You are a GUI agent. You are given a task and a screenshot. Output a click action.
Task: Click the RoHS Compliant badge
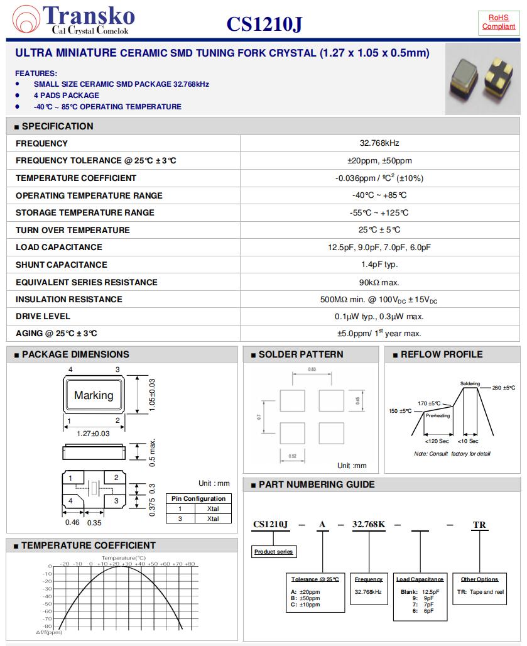pyautogui.click(x=498, y=22)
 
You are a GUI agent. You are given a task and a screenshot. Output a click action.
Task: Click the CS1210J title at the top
pyautogui.click(x=264, y=25)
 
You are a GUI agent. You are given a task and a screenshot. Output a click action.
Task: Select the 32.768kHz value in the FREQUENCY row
pyautogui.click(x=379, y=143)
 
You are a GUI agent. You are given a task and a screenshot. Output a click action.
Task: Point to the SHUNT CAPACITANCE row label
pyautogui.click(x=62, y=265)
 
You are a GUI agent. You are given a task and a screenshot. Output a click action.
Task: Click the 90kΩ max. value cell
pyautogui.click(x=379, y=282)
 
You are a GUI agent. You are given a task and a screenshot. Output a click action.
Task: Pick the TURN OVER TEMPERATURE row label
pyautogui.click(x=73, y=230)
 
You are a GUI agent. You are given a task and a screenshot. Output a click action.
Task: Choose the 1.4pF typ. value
pyautogui.click(x=379, y=265)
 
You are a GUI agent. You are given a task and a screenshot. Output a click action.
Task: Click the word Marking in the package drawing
pyautogui.click(x=94, y=395)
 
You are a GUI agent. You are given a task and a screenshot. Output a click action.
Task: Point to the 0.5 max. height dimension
pyautogui.click(x=152, y=452)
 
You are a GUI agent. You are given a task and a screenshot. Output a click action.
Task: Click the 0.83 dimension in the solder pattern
pyautogui.click(x=312, y=370)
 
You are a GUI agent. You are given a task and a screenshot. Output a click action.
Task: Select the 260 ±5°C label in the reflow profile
pyautogui.click(x=508, y=388)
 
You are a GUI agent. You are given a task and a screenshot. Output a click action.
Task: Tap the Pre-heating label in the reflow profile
pyautogui.click(x=438, y=415)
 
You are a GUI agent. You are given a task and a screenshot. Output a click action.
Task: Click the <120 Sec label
pyautogui.click(x=437, y=441)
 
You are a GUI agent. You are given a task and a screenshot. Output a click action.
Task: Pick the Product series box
pyautogui.click(x=274, y=552)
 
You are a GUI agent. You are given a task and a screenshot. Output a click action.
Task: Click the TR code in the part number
pyautogui.click(x=479, y=525)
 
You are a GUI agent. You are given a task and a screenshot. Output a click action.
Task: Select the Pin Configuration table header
pyautogui.click(x=198, y=498)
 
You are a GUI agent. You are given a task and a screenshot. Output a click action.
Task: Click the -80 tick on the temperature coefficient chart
pyautogui.click(x=48, y=626)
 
